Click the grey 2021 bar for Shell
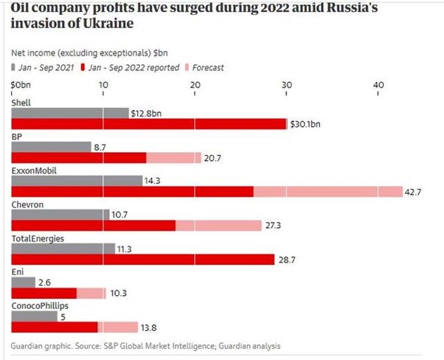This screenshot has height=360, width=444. pyautogui.click(x=69, y=113)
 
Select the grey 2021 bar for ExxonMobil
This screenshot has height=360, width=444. pyautogui.click(x=77, y=180)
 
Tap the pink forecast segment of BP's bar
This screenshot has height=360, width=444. pyautogui.click(x=173, y=158)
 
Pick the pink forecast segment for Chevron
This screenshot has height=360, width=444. pyautogui.click(x=218, y=225)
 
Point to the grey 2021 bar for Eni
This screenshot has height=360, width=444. pyautogui.click(x=24, y=282)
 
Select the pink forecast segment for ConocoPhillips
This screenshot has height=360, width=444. pyautogui.click(x=118, y=327)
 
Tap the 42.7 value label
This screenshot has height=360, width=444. pyautogui.click(x=412, y=192)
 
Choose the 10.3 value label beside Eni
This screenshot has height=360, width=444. pyautogui.click(x=118, y=294)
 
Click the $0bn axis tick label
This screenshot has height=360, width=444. pyautogui.click(x=21, y=85)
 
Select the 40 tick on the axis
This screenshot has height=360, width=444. pyautogui.click(x=378, y=85)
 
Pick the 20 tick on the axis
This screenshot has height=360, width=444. pyautogui.click(x=195, y=85)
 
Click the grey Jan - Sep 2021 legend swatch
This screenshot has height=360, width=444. pyautogui.click(x=14, y=68)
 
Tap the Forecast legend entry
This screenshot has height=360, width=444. pyautogui.click(x=207, y=68)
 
